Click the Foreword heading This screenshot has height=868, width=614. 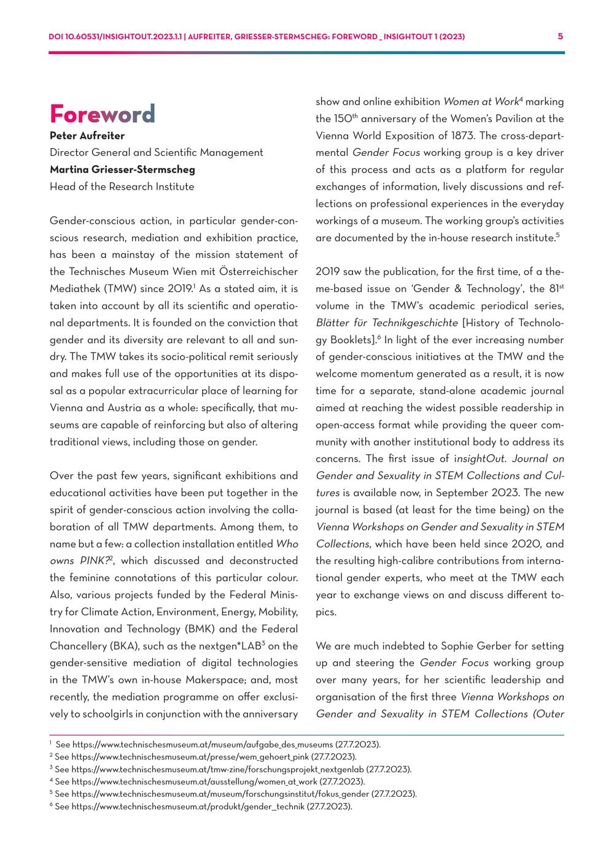pos(103,114)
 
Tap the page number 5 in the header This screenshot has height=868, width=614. pos(560,36)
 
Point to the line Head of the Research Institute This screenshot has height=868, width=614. pos(122,187)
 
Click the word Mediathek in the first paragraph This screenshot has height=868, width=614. pos(74,289)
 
